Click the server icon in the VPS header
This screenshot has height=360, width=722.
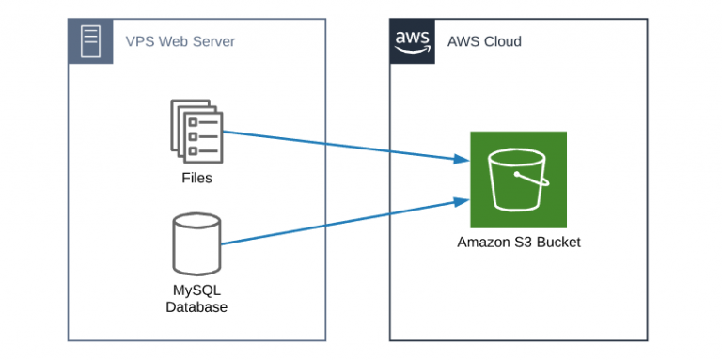point(90,41)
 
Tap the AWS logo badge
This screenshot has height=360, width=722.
point(413,41)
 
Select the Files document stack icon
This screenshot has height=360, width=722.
point(196,132)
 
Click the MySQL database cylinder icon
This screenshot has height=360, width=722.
point(196,243)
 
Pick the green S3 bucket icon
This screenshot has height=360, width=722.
point(518,179)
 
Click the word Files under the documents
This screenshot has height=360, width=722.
point(196,178)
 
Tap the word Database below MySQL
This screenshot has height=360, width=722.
point(196,306)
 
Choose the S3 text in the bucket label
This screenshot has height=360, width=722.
point(525,243)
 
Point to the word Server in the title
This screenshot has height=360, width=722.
point(214,41)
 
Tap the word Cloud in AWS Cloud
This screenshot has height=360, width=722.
point(503,41)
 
